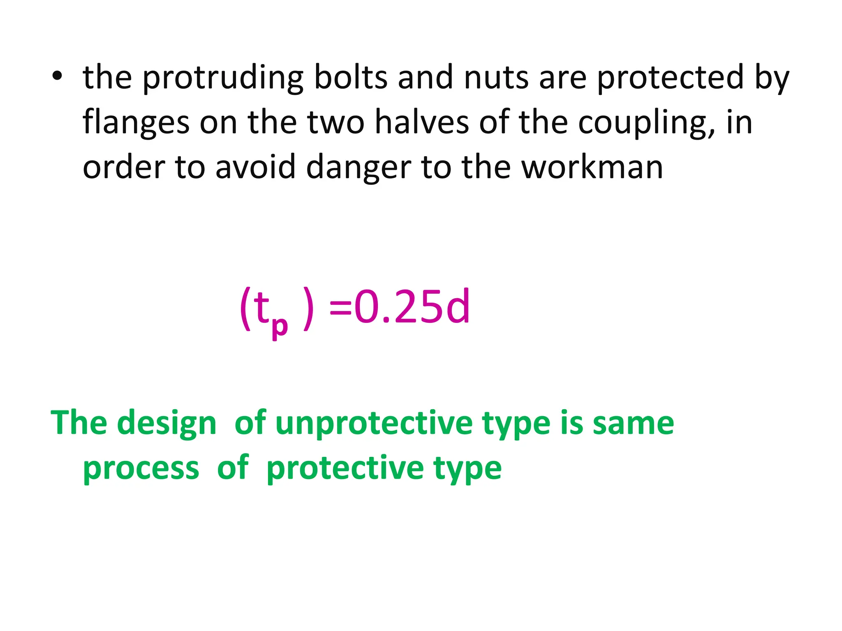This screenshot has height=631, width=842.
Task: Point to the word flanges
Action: (x=136, y=122)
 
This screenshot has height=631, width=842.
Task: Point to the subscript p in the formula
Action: (x=280, y=327)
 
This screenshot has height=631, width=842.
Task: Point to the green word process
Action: (x=141, y=468)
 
